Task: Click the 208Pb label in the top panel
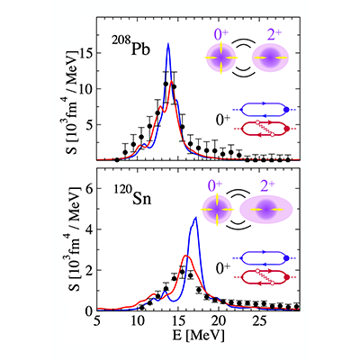point(130,46)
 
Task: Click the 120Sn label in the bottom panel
point(132,196)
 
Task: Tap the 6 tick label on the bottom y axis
point(89,188)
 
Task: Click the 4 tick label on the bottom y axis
point(89,229)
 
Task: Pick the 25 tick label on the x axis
point(259,321)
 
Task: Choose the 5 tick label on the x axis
point(96,321)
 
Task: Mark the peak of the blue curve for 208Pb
point(168,43)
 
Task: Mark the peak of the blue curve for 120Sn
point(195,217)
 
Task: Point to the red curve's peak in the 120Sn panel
point(186,256)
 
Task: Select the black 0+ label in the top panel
point(223,120)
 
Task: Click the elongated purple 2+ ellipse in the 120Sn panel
point(265,209)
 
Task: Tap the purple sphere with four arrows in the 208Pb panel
point(221,58)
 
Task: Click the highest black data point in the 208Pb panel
point(166,84)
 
